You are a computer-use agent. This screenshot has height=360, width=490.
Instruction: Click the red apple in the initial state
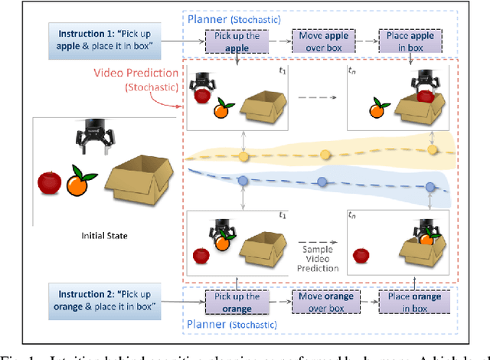[x=50, y=183]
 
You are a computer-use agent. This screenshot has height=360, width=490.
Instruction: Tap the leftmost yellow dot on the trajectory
[x=244, y=156]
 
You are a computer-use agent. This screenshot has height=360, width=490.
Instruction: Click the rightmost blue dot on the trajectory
[x=430, y=187]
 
